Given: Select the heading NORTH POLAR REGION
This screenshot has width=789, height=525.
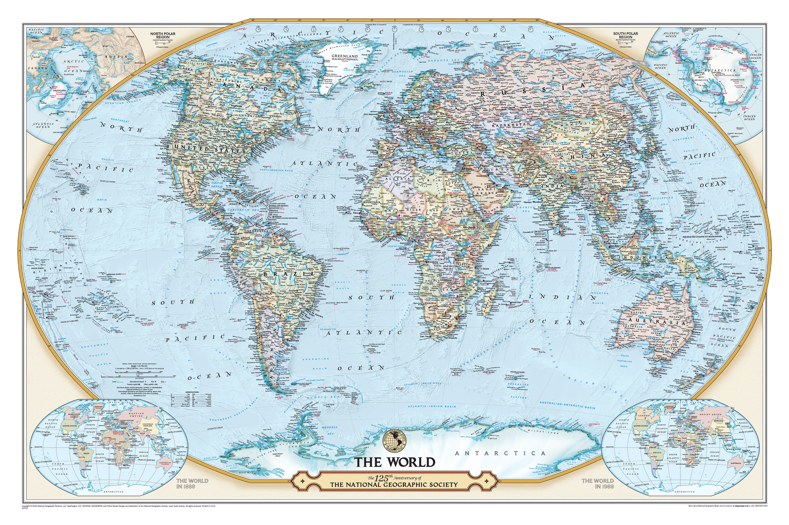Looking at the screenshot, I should point(163,35).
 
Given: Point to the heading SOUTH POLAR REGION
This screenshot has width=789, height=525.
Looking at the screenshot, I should point(625,35).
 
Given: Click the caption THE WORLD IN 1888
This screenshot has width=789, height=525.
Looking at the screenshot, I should point(192,483).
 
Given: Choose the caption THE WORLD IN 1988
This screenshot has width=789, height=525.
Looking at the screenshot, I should point(598,483).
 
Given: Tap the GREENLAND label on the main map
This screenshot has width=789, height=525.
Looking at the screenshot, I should point(345,56).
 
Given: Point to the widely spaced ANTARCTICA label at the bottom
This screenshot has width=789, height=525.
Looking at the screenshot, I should point(500,453).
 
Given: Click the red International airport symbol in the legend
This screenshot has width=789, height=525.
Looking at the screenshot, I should point(145,382).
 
